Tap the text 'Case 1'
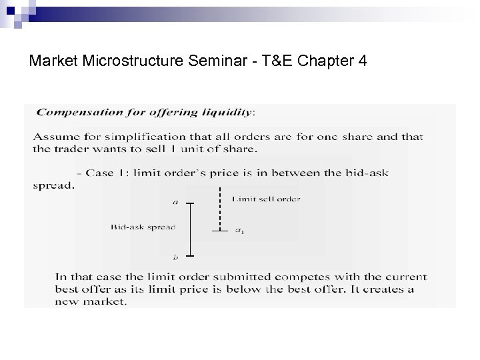pyautogui.click(x=106, y=173)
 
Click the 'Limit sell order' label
pyautogui.click(x=266, y=198)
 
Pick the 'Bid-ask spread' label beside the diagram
pyautogui.click(x=143, y=227)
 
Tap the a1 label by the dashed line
pyautogui.click(x=239, y=231)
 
